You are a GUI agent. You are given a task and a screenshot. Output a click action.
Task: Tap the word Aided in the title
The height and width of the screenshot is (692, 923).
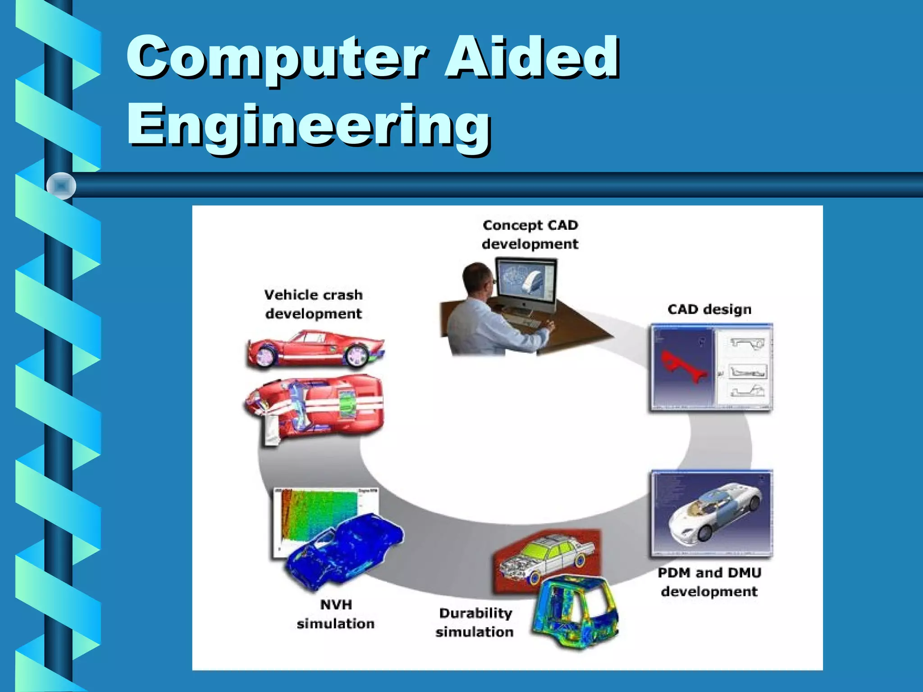pyautogui.click(x=532, y=58)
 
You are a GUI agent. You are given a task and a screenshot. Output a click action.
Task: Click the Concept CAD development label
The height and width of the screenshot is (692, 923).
pyautogui.click(x=530, y=234)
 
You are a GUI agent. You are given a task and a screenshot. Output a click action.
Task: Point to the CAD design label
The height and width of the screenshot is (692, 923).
pyautogui.click(x=709, y=310)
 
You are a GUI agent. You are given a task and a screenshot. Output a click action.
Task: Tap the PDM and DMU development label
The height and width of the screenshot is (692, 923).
pyautogui.click(x=709, y=582)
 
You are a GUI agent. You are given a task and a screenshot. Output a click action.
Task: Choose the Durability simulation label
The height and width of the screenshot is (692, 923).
pyautogui.click(x=475, y=622)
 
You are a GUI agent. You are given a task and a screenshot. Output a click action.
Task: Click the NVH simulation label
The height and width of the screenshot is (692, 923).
pyautogui.click(x=336, y=614)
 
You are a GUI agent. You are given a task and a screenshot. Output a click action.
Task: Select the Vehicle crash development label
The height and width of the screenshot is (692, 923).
pyautogui.click(x=314, y=304)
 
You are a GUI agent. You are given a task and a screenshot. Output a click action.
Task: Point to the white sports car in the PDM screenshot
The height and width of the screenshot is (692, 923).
pyautogui.click(x=714, y=514)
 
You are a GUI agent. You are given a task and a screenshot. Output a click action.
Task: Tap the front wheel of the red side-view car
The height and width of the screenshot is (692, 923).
pyautogui.click(x=357, y=355)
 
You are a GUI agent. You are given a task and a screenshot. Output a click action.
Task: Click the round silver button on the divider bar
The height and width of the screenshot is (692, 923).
pyautogui.click(x=61, y=186)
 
